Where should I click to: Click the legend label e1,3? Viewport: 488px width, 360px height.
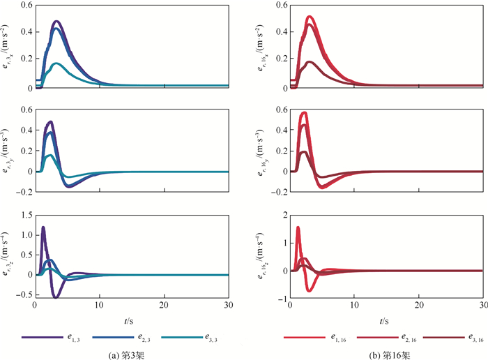coord(73,338)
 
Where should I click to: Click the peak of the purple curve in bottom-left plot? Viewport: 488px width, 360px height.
coord(43,227)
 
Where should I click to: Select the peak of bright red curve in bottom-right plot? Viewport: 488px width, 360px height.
coord(298,227)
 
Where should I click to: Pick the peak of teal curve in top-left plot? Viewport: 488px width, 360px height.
coord(57,64)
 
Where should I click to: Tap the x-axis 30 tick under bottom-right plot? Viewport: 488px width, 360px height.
coord(482,307)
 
